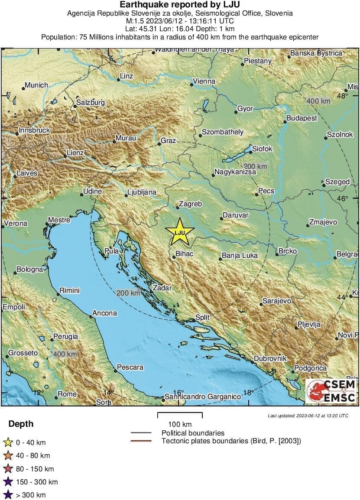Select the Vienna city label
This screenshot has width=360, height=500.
point(204,81)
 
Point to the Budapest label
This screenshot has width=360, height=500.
point(302,118)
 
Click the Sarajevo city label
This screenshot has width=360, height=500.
point(277,301)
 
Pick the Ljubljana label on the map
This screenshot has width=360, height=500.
point(141,192)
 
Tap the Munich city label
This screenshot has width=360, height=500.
point(36,85)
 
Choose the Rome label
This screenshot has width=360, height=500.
point(67,394)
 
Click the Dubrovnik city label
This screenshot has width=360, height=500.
point(270,358)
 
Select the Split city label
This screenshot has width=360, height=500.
point(202,317)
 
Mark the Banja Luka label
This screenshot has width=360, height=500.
point(239,255)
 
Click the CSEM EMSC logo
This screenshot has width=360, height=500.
point(332,390)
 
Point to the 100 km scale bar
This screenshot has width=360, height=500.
point(180,416)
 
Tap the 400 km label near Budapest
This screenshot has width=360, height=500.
point(318,101)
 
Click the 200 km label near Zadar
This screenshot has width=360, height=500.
point(129,293)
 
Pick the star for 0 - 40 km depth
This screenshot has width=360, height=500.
point(7,442)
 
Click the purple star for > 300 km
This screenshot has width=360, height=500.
point(7,495)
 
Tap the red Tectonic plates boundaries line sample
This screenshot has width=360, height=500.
point(141,441)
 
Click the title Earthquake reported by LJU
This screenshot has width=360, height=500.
point(179,5)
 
